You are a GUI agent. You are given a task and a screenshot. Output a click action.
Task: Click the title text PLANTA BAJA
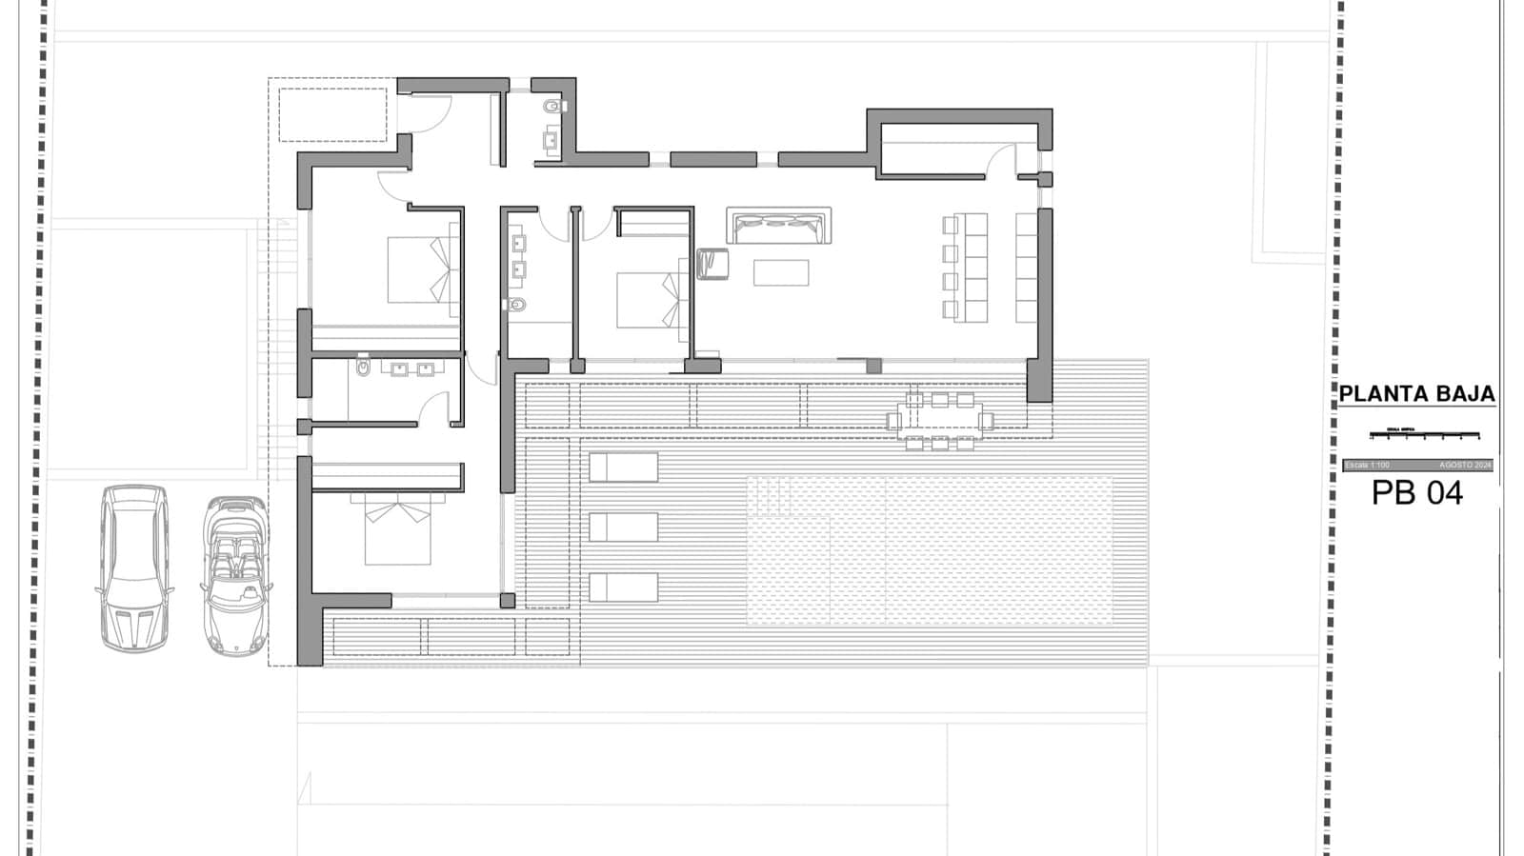click(x=1416, y=394)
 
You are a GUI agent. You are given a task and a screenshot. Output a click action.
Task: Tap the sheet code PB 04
click(x=1416, y=493)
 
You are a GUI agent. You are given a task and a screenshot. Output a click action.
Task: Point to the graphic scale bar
click(x=1424, y=435)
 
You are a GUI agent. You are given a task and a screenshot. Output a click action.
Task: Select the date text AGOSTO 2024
click(x=1465, y=465)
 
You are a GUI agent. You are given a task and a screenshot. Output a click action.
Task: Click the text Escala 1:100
click(x=1368, y=465)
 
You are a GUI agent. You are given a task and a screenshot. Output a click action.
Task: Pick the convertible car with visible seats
click(x=235, y=575)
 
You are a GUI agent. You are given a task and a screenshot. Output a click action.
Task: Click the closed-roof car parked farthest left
click(x=135, y=567)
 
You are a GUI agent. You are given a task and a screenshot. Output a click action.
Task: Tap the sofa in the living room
click(x=778, y=227)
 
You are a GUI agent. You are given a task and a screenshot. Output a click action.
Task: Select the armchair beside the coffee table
click(x=712, y=264)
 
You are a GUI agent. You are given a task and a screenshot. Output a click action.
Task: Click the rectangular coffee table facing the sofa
click(x=781, y=273)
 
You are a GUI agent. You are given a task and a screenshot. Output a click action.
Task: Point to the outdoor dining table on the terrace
click(x=939, y=418)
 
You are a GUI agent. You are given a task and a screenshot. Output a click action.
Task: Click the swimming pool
click(x=929, y=549)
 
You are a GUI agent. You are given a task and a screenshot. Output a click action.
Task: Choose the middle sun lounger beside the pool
click(x=623, y=527)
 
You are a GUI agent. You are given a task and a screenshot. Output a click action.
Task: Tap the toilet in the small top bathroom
click(x=553, y=107)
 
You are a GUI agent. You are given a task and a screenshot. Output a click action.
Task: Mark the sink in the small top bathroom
click(x=551, y=142)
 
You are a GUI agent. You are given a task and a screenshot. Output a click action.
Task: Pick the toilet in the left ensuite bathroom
click(x=363, y=367)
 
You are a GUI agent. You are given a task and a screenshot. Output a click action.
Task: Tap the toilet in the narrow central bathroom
click(x=517, y=305)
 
